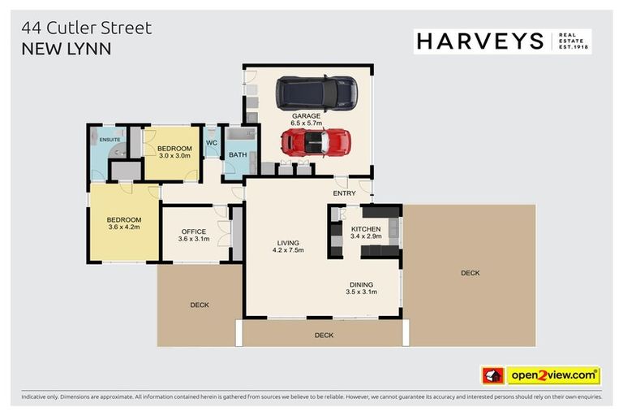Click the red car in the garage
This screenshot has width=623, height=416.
point(316,143)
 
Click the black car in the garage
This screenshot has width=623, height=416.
point(316,93)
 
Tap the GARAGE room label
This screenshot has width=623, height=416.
point(307,116)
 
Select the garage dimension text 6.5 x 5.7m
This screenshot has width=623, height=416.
point(307,123)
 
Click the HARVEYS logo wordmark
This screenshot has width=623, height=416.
point(479,41)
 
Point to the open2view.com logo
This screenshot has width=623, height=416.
point(553,375)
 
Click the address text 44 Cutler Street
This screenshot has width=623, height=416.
point(86,28)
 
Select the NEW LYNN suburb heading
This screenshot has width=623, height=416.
point(66,49)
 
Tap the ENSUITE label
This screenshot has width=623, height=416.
point(110,139)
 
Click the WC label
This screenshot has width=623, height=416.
point(212,143)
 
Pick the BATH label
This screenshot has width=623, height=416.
point(238,154)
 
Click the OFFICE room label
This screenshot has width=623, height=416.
point(194,232)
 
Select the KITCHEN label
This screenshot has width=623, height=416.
point(366,229)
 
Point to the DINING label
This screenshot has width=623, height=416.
point(362,284)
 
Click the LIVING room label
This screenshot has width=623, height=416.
point(288,243)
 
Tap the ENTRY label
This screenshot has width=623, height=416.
point(345,193)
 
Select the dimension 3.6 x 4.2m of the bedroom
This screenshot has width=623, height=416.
point(124,227)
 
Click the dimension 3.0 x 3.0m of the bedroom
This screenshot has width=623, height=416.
point(174,155)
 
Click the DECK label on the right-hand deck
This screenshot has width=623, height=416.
point(470,273)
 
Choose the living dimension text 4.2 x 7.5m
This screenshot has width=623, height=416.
point(288,250)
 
